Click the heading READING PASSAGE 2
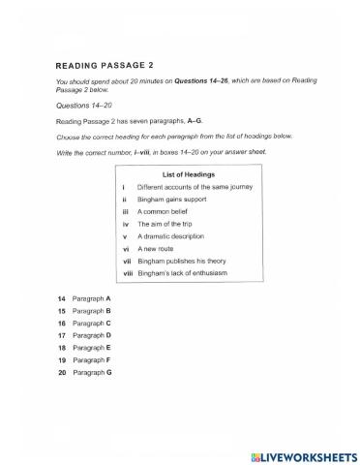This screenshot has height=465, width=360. click(105, 66)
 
